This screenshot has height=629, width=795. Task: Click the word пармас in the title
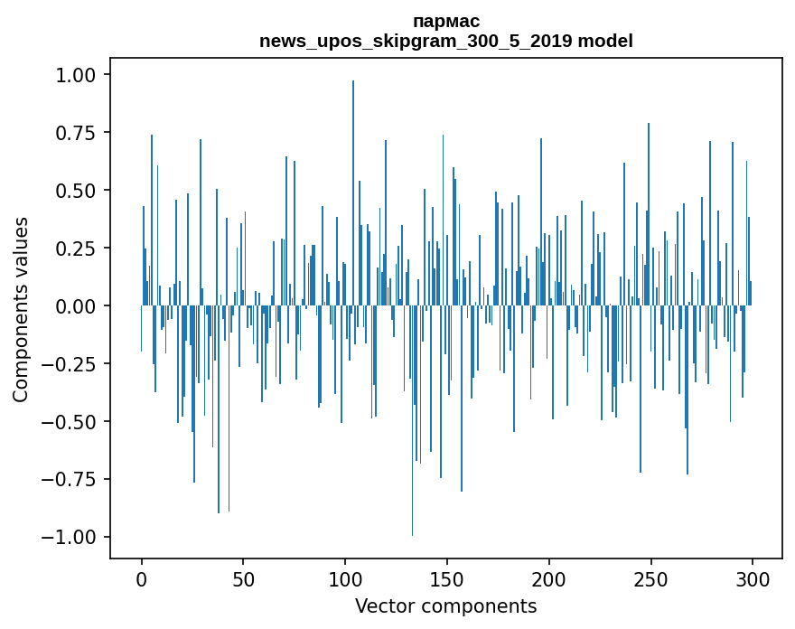[445, 21]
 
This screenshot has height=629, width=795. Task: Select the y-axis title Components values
[21, 309]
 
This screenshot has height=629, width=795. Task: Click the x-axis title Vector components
[445, 606]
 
